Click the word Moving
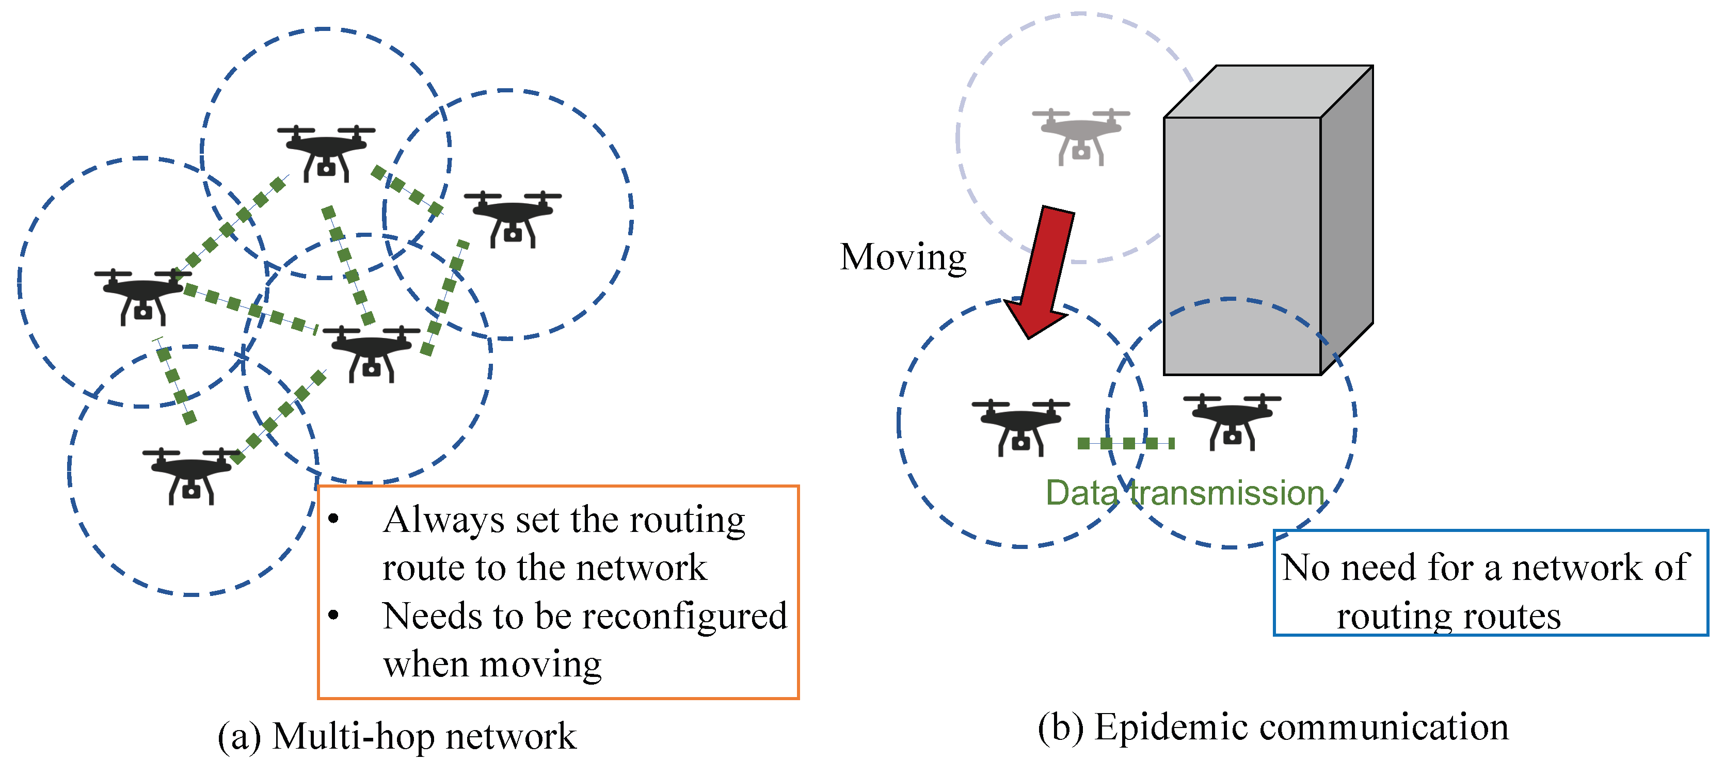(x=903, y=257)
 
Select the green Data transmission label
(x=1185, y=493)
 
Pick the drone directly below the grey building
(x=1232, y=422)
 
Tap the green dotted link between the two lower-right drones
(x=1126, y=443)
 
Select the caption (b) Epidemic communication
(x=1273, y=727)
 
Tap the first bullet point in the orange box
(x=334, y=519)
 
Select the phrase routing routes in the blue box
(x=1448, y=616)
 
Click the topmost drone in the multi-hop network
(x=326, y=153)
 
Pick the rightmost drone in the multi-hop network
(x=513, y=219)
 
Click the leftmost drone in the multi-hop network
(x=142, y=296)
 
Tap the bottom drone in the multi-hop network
(x=191, y=476)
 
